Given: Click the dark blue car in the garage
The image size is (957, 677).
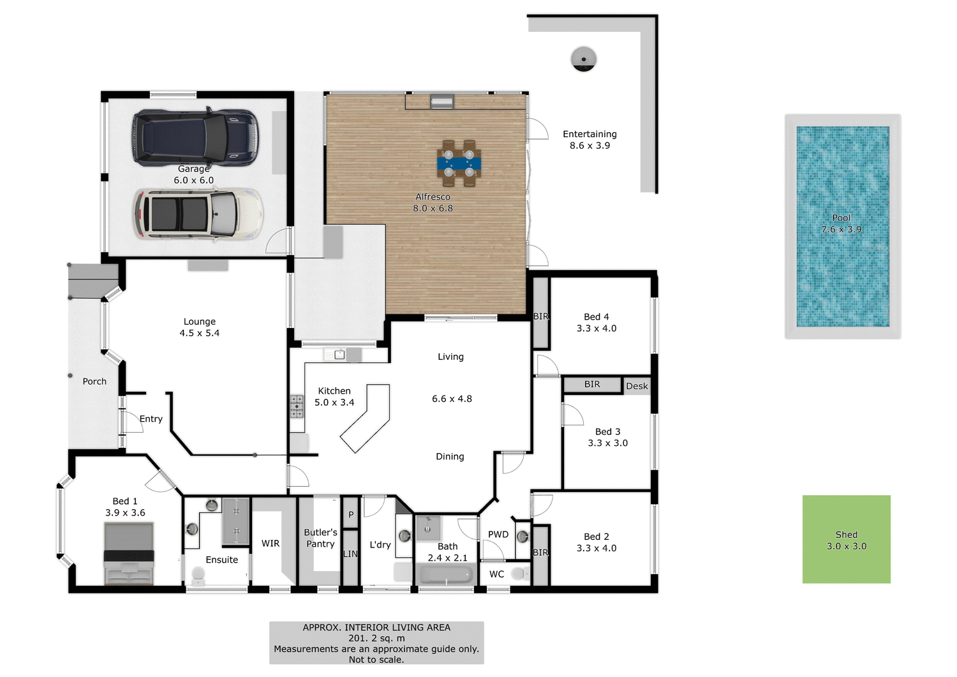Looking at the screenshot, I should click(x=195, y=137).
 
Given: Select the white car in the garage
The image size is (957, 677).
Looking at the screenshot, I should click(x=198, y=214).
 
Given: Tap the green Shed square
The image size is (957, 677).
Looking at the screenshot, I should click(x=846, y=540).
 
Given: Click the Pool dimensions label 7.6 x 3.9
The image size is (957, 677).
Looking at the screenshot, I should click(x=841, y=229).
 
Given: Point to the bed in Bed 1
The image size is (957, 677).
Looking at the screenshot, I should click(x=129, y=554).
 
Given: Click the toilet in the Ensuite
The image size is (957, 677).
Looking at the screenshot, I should click(x=198, y=576).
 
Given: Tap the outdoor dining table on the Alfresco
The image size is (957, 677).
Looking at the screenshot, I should click(x=459, y=163).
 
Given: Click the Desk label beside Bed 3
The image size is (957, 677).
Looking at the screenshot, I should click(x=637, y=386).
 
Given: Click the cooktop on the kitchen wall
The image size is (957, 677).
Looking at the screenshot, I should click(x=297, y=407).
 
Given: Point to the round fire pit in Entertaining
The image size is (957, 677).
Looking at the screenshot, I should click(x=583, y=59).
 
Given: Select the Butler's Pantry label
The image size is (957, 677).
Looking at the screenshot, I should click(x=320, y=538).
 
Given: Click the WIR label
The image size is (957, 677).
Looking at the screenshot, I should click(x=271, y=544).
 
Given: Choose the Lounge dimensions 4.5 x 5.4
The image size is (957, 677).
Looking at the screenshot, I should click(x=199, y=333).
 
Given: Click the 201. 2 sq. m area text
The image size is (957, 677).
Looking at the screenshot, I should click(x=376, y=638).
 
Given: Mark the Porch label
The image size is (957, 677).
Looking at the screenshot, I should click(x=94, y=382).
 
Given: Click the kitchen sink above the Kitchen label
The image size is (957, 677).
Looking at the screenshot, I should click(x=339, y=355).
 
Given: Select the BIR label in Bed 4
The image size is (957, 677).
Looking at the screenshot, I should click(x=541, y=316).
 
